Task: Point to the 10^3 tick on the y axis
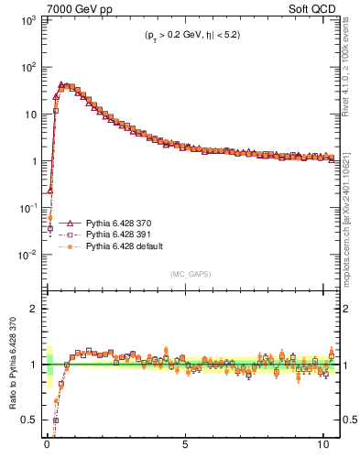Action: (29, 20)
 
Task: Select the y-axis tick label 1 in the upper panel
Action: (36, 161)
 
